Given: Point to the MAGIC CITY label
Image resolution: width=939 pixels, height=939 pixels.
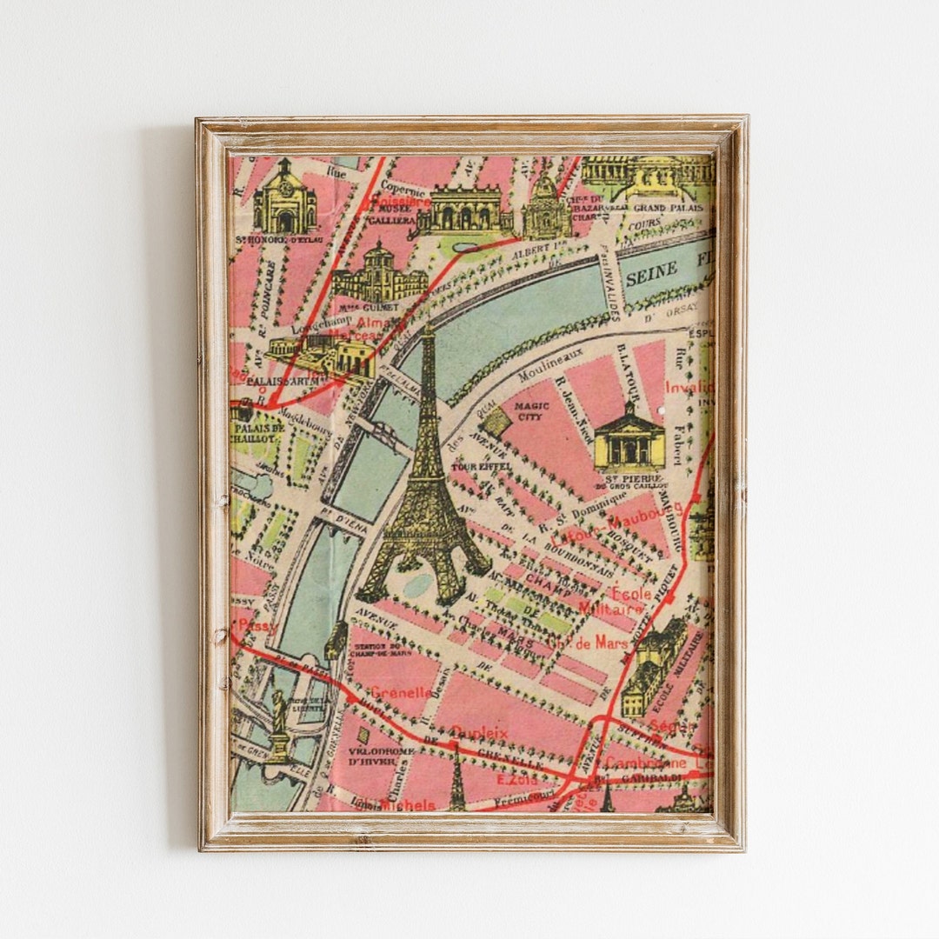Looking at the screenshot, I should pyautogui.click(x=531, y=410).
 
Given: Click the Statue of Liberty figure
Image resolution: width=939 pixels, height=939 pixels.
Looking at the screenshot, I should pyautogui.click(x=278, y=722).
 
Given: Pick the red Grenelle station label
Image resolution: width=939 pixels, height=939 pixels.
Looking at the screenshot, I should pyautogui.click(x=400, y=693).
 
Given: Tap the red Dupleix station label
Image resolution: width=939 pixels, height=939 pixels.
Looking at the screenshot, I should pyautogui.click(x=479, y=733).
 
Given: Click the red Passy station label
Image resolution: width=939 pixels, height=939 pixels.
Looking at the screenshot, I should pyautogui.click(x=258, y=625).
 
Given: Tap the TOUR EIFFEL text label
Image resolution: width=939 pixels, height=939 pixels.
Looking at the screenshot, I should pyautogui.click(x=472, y=467).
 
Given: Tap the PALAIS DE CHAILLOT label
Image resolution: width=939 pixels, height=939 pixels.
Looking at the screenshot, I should pyautogui.click(x=257, y=433).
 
